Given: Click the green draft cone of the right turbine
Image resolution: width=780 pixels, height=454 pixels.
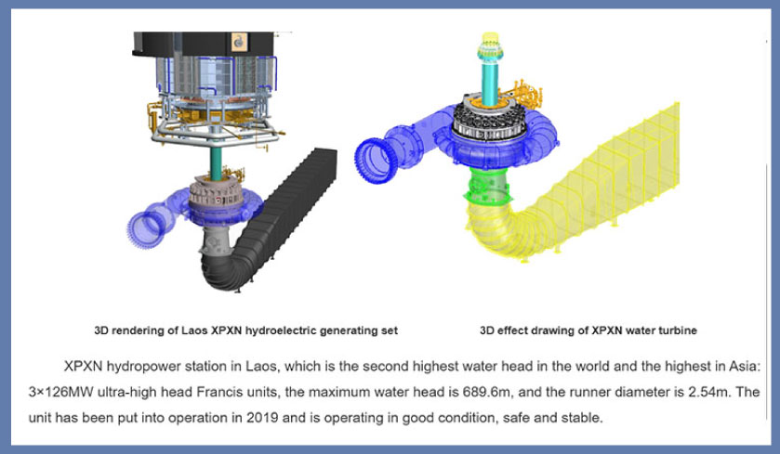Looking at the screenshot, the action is pyautogui.click(x=487, y=188).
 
